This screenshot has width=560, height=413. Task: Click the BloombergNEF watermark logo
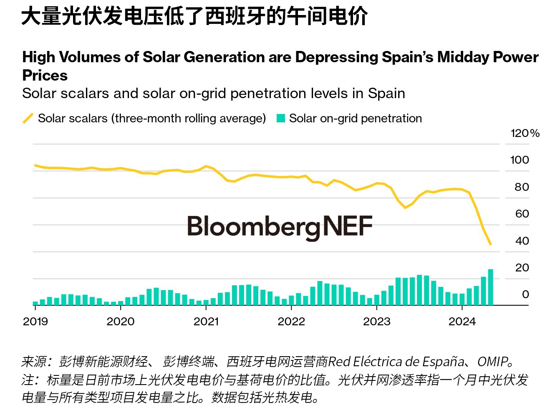click(280, 226)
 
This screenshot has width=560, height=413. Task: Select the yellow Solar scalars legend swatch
click(28, 118)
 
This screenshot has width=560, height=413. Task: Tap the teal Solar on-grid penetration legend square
click(281, 119)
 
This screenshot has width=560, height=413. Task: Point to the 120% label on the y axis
click(525, 133)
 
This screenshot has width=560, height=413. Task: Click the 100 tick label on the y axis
click(519, 160)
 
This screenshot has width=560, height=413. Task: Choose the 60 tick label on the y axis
click(522, 214)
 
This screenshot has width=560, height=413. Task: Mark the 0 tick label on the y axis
click(525, 294)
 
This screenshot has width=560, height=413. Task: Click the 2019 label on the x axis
click(35, 322)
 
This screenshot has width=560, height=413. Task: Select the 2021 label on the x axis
click(206, 322)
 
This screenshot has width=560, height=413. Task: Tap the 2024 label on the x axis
click(462, 322)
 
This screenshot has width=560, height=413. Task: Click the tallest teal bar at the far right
click(490, 287)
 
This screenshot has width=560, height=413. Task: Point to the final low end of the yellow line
click(490, 244)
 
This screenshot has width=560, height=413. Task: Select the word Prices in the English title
click(45, 76)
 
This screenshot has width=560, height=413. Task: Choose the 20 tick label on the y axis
click(522, 268)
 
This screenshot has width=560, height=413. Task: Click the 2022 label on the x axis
click(291, 322)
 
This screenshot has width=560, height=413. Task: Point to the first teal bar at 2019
click(35, 303)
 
